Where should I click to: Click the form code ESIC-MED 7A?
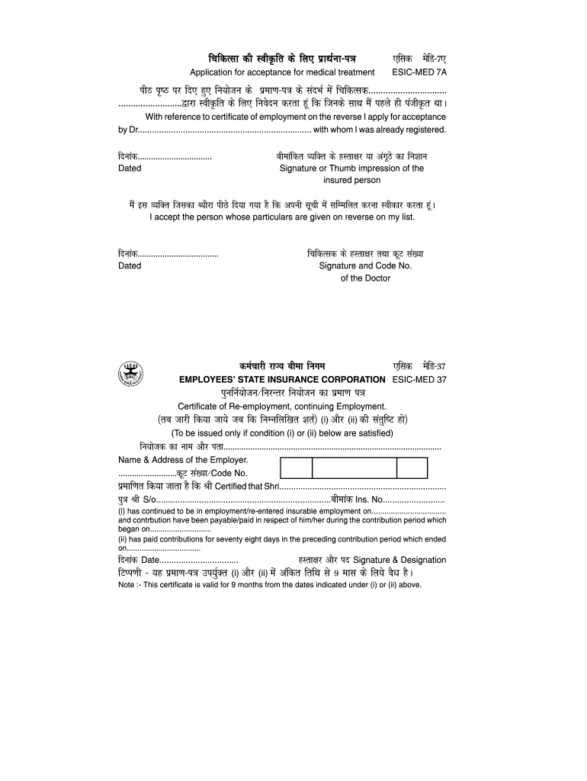[419, 72]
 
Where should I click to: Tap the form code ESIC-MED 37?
[419, 379]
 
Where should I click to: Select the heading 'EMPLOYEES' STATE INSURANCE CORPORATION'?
[282, 379]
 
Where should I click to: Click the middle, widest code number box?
[354, 468]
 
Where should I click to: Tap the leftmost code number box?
[297, 468]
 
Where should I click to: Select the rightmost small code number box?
[412, 468]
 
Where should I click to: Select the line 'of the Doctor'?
[365, 278]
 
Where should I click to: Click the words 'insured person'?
[351, 181]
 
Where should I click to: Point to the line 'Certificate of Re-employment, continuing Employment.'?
[282, 406]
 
